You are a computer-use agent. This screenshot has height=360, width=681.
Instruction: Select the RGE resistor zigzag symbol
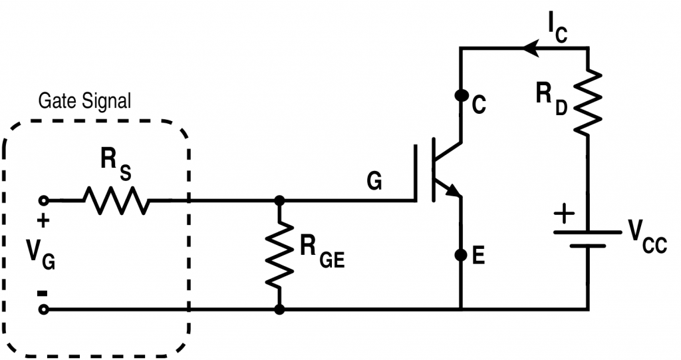pos(280,254)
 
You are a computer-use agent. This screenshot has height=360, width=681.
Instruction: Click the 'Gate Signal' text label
pos(84,101)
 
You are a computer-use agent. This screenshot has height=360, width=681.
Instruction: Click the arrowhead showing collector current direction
pos(530,48)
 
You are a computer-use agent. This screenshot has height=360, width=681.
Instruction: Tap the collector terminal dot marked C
pos(460,95)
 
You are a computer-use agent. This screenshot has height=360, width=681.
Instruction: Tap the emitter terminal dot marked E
pos(460,255)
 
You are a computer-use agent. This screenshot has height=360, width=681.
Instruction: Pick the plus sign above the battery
pos(563,214)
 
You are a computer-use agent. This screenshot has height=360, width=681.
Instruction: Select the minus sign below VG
pos(43,292)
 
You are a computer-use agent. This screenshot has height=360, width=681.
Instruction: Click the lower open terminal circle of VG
pos(44,309)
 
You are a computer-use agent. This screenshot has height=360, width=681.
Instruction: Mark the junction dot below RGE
pos(280,309)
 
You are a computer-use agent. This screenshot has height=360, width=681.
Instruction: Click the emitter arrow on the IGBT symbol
pos(454,192)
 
